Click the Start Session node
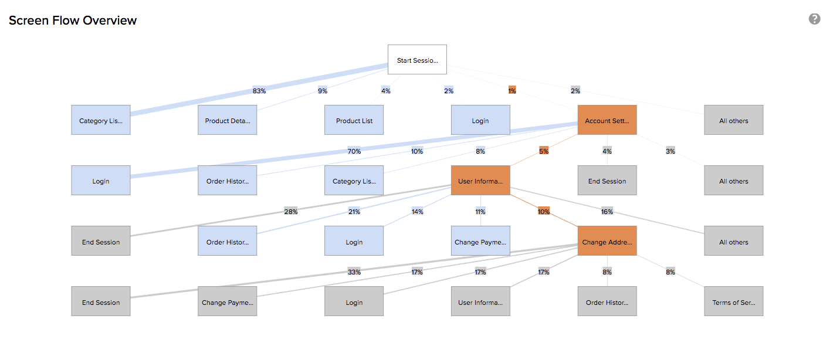coord(417,60)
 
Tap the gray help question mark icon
coord(814,19)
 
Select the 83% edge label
coord(259,91)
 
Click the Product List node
coord(354,120)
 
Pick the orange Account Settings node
coord(607,120)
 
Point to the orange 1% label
coord(512,91)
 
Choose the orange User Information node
coord(480,181)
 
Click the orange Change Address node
coord(607,241)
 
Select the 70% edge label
coord(354,151)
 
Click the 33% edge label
coord(354,272)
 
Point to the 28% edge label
coord(290,212)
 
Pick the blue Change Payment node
coord(480,241)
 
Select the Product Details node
coord(227,120)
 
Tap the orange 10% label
coord(544,212)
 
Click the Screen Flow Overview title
coord(73,21)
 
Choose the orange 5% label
coord(544,151)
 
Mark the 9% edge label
coord(323,91)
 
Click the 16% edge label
coord(607,212)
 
